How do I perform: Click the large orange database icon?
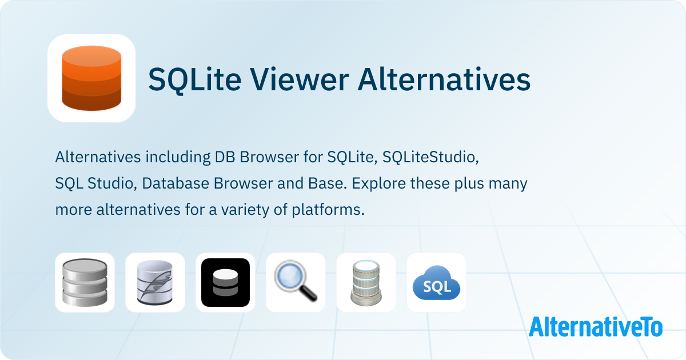tap(91, 78)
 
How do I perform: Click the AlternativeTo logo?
tap(596, 326)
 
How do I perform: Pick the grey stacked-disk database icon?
tap(85, 282)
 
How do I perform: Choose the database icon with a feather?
tap(155, 282)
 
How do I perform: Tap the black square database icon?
tap(225, 282)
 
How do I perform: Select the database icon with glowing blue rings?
tap(366, 282)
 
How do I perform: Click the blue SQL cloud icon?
tap(436, 282)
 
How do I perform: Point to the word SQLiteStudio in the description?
tap(429, 157)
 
